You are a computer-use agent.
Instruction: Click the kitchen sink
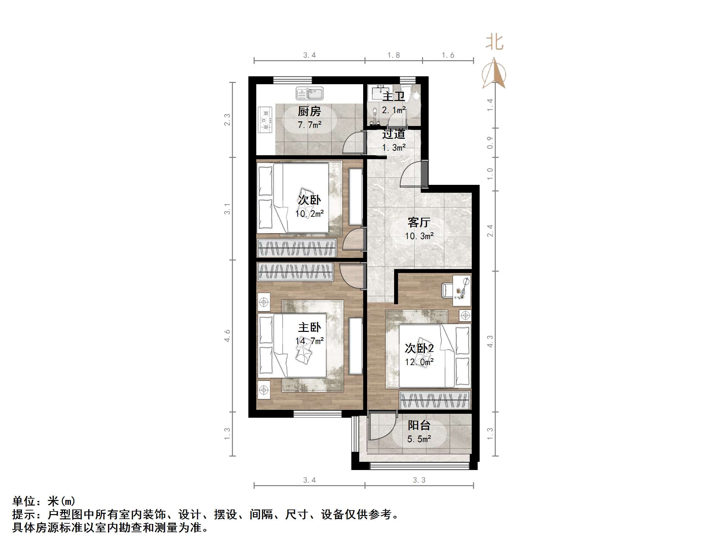[x=309, y=93]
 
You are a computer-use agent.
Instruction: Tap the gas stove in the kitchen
[x=265, y=120]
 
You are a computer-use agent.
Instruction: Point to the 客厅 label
[x=419, y=222]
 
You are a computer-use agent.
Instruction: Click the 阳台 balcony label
[x=419, y=426]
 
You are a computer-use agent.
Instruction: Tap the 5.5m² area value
[x=419, y=439]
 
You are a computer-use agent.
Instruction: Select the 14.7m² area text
[x=309, y=341]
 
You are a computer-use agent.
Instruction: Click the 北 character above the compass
[x=495, y=42]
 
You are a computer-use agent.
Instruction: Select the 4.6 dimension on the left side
[x=227, y=336]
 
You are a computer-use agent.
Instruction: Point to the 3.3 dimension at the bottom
[x=419, y=480]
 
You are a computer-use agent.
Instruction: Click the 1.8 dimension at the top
[x=394, y=55]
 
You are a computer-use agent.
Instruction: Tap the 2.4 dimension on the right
[x=490, y=231]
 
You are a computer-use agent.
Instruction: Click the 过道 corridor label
[x=394, y=134]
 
